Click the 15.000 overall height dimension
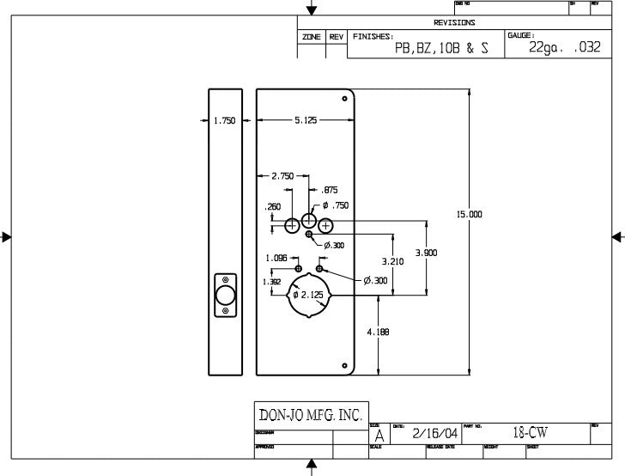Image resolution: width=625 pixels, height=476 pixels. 470,214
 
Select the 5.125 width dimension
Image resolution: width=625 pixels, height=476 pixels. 306,121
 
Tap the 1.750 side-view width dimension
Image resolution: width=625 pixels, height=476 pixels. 224,121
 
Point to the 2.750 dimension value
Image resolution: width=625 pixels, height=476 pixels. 282,176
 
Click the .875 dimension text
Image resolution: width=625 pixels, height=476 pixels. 329,191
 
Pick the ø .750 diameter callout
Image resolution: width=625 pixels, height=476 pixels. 336,205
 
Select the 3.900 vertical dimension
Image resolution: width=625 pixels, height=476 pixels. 426,253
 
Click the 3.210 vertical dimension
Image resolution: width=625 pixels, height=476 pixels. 392,261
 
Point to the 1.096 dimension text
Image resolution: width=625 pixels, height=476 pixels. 276,258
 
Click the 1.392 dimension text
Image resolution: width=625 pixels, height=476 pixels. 271,281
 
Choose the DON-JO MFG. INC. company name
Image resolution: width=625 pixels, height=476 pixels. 311,415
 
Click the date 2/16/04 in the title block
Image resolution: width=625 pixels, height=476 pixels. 434,434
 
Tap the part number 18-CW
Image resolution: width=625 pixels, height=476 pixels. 530,433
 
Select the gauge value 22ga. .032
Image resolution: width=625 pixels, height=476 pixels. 559,49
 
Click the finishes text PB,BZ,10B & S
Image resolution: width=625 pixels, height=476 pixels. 441,49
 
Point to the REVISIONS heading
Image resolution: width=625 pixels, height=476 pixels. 454,23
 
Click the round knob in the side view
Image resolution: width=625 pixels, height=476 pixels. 225,296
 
